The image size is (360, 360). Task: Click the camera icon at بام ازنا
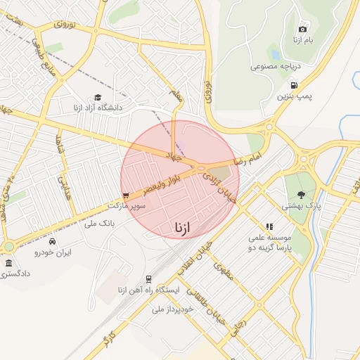pyautogui.click(x=302, y=29)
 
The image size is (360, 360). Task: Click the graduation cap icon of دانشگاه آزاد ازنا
pyautogui.click(x=98, y=98)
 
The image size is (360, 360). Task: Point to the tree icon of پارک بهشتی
pyautogui.click(x=302, y=195)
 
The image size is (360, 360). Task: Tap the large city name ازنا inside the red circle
pyautogui.click(x=181, y=227)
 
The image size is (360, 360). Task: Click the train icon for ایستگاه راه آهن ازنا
pyautogui.click(x=148, y=279)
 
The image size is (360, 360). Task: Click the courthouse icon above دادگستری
pyautogui.click(x=8, y=263)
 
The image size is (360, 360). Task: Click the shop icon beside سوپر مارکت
pyautogui.click(x=126, y=196)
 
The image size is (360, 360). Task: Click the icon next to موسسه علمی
pyautogui.click(x=269, y=226)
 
